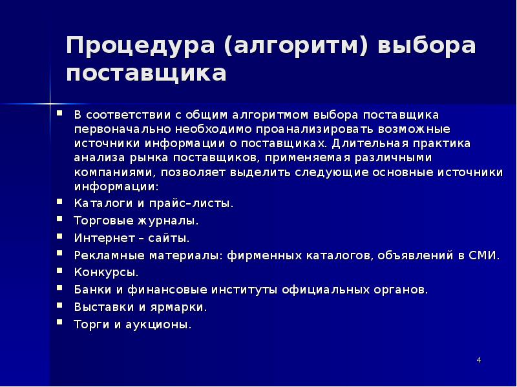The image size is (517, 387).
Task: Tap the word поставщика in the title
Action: click(146, 74)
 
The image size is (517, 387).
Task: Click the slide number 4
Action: click(479, 359)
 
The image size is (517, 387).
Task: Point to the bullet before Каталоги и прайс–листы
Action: click(59, 201)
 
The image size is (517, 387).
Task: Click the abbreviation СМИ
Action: click(486, 255)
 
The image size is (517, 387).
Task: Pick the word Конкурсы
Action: click(105, 273)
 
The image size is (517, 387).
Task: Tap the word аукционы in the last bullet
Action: click(162, 324)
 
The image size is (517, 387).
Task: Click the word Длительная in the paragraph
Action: click(355, 143)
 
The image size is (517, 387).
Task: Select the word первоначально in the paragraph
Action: click(116, 128)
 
